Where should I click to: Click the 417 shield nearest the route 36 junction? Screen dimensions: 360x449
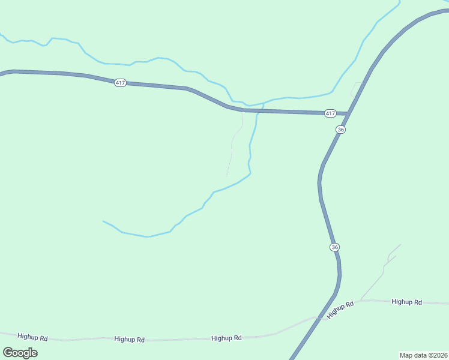[330, 113]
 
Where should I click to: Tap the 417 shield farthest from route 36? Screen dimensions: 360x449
[120, 83]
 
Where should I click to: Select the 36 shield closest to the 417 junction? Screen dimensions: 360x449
[341, 130]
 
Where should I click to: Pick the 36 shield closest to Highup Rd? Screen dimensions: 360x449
[334, 247]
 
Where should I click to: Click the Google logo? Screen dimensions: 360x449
[20, 352]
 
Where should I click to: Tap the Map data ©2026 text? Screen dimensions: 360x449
[423, 355]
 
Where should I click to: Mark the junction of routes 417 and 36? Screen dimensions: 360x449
[348, 113]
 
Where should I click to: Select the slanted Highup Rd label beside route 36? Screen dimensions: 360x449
[340, 310]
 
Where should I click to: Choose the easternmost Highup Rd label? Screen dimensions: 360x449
[406, 302]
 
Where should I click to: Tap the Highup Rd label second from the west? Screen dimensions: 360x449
[129, 340]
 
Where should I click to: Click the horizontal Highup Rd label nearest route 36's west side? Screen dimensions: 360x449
[226, 338]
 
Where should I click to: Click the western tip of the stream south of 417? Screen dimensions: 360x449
[104, 221]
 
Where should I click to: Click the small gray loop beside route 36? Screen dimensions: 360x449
[356, 89]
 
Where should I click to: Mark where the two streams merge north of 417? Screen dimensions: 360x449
[263, 103]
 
